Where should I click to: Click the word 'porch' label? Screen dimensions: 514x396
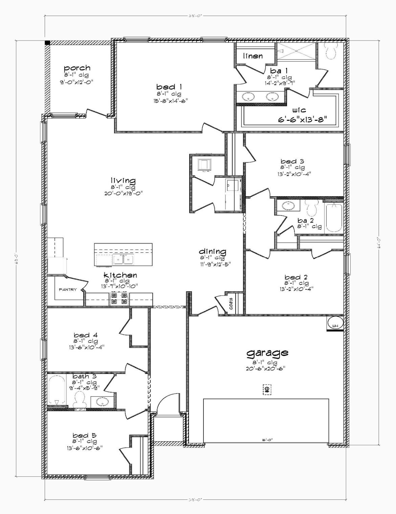point(77,68)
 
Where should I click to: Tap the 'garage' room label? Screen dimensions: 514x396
point(267,353)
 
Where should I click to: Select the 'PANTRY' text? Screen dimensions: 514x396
point(68,290)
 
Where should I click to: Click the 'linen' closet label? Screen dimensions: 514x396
point(253,56)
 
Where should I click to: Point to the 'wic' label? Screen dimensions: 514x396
point(299,110)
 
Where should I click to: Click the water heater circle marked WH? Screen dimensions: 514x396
point(335,323)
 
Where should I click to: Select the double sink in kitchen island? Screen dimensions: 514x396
point(123,260)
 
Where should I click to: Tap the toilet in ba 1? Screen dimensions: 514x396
point(330,50)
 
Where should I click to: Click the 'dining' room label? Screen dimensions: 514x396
point(212,251)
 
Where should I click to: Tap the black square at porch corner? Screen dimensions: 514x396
point(47,43)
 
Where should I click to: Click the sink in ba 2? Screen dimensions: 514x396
point(289,206)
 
